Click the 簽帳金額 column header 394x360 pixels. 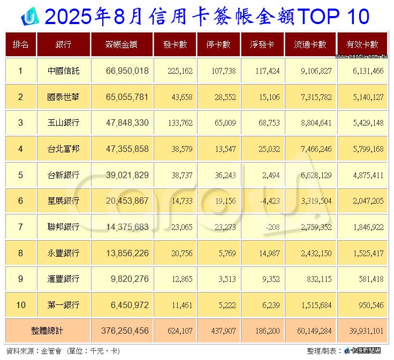tap(122, 45)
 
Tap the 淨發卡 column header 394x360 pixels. tap(262, 45)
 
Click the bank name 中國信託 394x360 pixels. tap(64, 71)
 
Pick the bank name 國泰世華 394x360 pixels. tap(64, 97)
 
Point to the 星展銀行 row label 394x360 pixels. tap(64, 201)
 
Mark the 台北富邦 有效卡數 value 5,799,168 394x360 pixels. tap(365, 149)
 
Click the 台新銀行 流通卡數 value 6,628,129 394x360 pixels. tap(312, 175)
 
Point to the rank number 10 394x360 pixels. tap(21, 305)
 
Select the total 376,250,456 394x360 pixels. tap(125, 331)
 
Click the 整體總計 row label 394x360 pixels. tap(48, 331)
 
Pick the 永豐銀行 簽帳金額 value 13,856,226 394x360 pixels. tap(125, 253)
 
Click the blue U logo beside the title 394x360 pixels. tap(29, 17)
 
